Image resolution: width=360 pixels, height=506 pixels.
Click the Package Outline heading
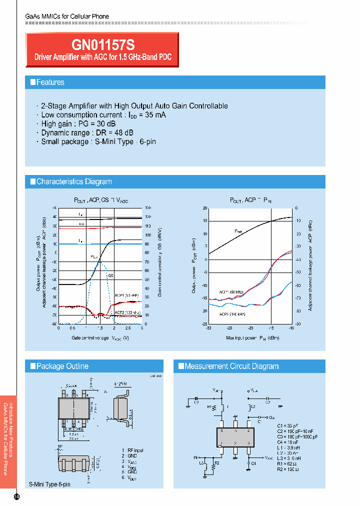click(x=62, y=366)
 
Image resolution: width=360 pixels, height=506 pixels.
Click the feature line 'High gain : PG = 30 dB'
click(x=79, y=123)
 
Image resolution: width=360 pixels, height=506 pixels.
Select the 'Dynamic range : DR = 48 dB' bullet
click(x=87, y=132)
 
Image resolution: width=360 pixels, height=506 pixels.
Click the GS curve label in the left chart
click(x=110, y=274)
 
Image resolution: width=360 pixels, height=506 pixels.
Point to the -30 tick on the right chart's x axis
click(x=208, y=328)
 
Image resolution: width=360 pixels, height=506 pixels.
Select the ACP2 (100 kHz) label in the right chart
click(x=232, y=314)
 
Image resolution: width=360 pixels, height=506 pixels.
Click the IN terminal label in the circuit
click(x=195, y=457)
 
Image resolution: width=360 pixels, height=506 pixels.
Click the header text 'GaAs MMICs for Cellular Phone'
click(x=67, y=16)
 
